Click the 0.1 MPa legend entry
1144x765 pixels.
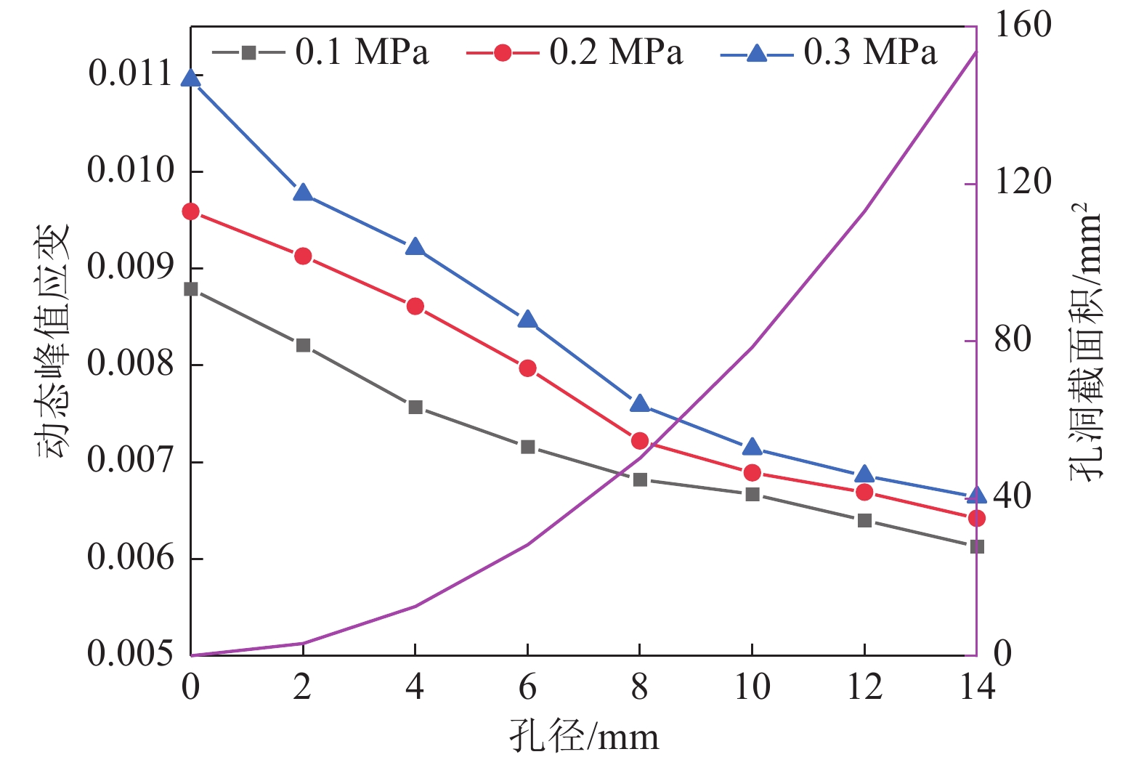[320, 52]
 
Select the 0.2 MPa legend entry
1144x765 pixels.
[575, 52]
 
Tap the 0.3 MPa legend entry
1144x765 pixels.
[829, 52]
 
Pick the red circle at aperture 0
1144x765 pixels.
[191, 211]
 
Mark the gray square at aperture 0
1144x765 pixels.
[191, 289]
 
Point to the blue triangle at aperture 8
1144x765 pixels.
[640, 405]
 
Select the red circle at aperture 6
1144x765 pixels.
[528, 368]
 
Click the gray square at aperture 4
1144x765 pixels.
[415, 407]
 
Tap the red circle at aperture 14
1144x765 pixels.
[976, 518]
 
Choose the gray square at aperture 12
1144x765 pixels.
[864, 520]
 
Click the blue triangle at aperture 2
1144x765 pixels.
[304, 193]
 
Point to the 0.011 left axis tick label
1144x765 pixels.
[131, 74]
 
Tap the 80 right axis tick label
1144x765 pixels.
[1013, 340]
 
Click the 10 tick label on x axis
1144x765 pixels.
[752, 687]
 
